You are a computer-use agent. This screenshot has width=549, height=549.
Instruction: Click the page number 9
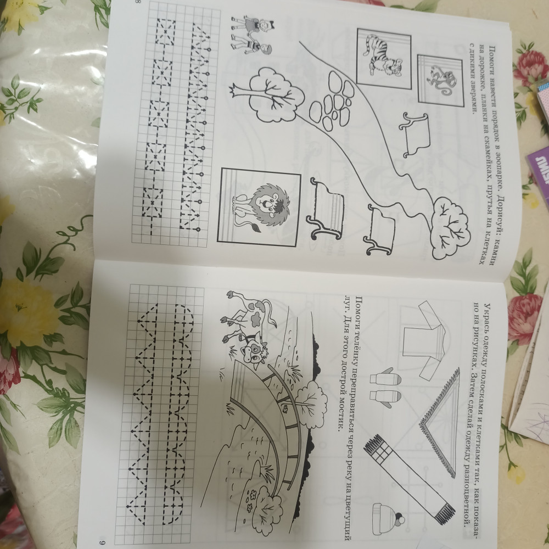[102, 543]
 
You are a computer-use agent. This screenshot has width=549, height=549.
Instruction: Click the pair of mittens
[385, 387]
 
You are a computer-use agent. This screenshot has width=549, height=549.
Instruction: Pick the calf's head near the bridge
[255, 351]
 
